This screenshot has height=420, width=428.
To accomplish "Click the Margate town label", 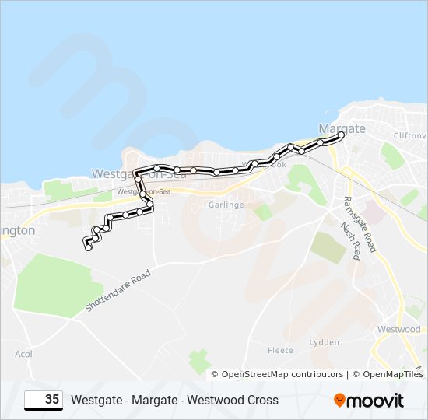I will (342, 128).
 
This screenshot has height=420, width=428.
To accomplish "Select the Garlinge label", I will (226, 205).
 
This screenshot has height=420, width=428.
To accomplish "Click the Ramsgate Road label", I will (360, 223).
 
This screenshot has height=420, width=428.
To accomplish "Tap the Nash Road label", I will (351, 240).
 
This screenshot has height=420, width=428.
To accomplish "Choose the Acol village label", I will (23, 354).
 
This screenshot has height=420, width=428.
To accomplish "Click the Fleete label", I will (280, 351).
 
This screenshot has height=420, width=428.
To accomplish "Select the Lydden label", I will (324, 342).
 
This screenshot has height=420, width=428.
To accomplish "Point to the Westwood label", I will (398, 330).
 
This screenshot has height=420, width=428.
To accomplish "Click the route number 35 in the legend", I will (52, 400).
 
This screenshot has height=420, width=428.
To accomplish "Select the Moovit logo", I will (369, 401).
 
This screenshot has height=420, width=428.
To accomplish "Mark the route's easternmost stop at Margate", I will (341, 135).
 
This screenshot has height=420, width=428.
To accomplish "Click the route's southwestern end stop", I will (88, 247).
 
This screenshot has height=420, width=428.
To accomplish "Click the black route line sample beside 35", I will (33, 401).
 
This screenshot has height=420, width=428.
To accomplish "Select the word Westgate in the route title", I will (95, 401).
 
